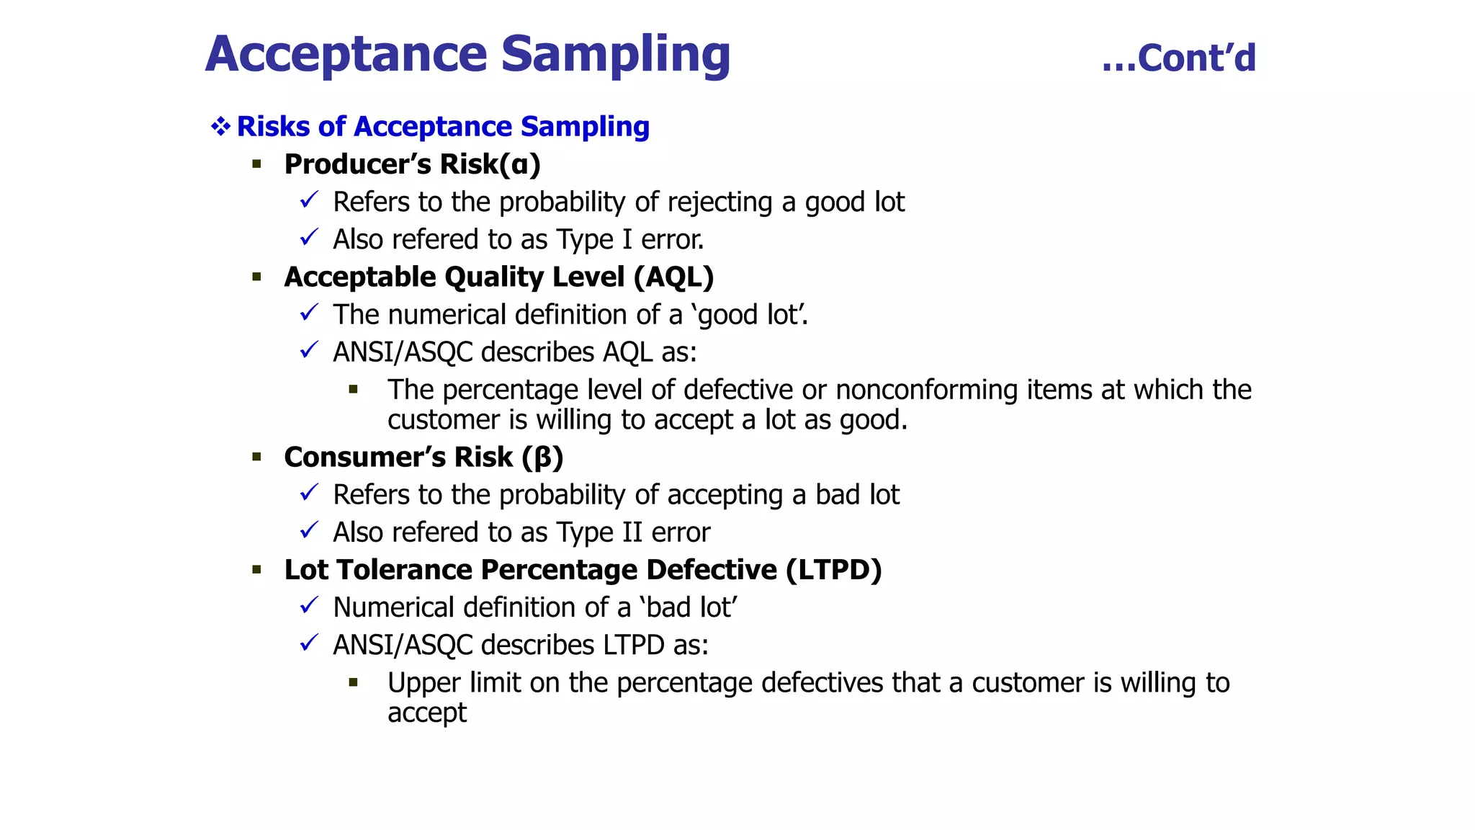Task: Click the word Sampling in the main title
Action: coord(615,55)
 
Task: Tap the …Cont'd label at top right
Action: coord(1178,58)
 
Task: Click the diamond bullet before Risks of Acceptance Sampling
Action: coord(220,127)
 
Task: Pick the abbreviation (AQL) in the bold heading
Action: coord(674,277)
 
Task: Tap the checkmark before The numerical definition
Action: coord(309,313)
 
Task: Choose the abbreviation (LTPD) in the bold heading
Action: coord(834,570)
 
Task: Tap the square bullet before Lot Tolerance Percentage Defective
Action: coord(257,570)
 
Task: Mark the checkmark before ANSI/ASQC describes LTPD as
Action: coord(309,643)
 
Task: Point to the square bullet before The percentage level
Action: coord(353,390)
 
